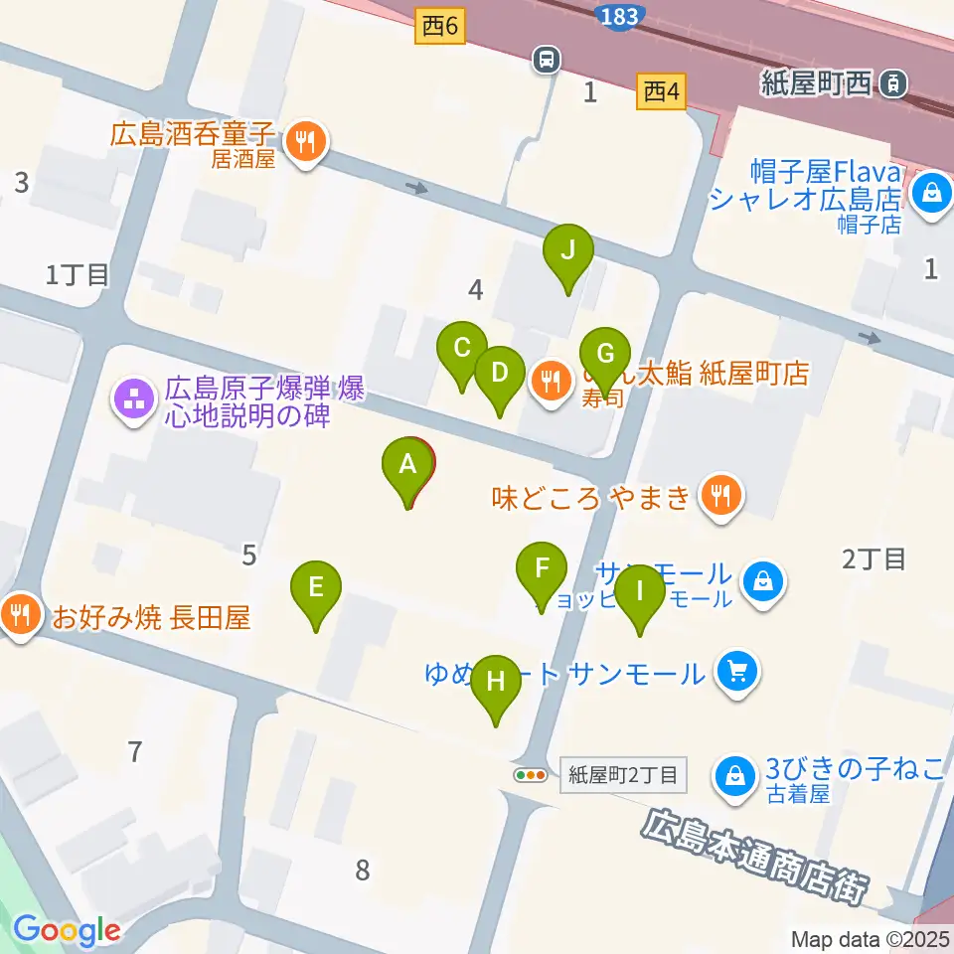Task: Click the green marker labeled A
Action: tap(407, 464)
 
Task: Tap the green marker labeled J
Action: tap(567, 250)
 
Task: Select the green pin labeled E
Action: tap(315, 587)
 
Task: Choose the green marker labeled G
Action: tap(605, 354)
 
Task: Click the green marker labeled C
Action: tap(462, 349)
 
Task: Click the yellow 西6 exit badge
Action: tap(439, 29)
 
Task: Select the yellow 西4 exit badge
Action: tap(661, 93)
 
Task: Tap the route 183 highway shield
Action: tap(619, 14)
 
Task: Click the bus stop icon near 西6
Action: tap(546, 60)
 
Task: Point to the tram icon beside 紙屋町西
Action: tap(894, 84)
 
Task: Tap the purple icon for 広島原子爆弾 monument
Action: tap(132, 400)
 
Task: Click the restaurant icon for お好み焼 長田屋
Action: tap(19, 616)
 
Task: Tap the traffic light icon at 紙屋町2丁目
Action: tap(531, 775)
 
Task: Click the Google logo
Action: tap(67, 930)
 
